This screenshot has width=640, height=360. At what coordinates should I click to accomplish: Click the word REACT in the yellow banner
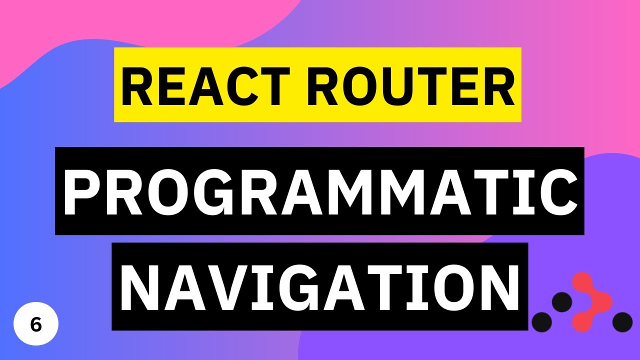tap(197, 85)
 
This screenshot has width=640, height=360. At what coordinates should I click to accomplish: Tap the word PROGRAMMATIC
tap(319, 191)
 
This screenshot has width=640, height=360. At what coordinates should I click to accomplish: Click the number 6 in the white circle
tap(36, 324)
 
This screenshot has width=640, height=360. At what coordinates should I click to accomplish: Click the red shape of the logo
tap(593, 302)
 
